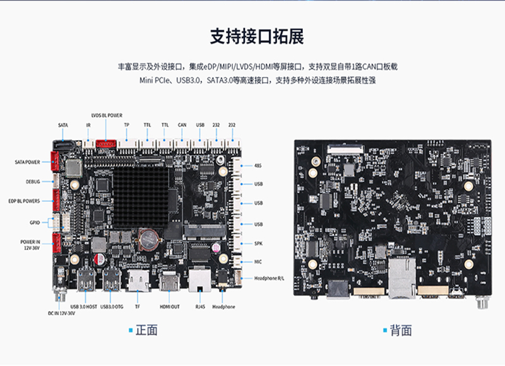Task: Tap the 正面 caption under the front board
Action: tap(146, 330)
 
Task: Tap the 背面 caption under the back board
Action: tap(400, 330)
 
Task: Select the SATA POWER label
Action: tap(27, 162)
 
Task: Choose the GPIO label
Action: tap(35, 222)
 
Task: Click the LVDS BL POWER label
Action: tap(107, 115)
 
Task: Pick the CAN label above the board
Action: tap(182, 125)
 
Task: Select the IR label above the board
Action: tap(88, 125)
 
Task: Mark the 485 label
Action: tap(258, 166)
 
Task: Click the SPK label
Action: tap(258, 244)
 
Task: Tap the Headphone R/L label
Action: tap(269, 278)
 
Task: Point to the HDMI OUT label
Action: tap(169, 307)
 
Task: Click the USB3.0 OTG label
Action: tap(113, 307)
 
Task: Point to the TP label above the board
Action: tap(126, 125)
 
